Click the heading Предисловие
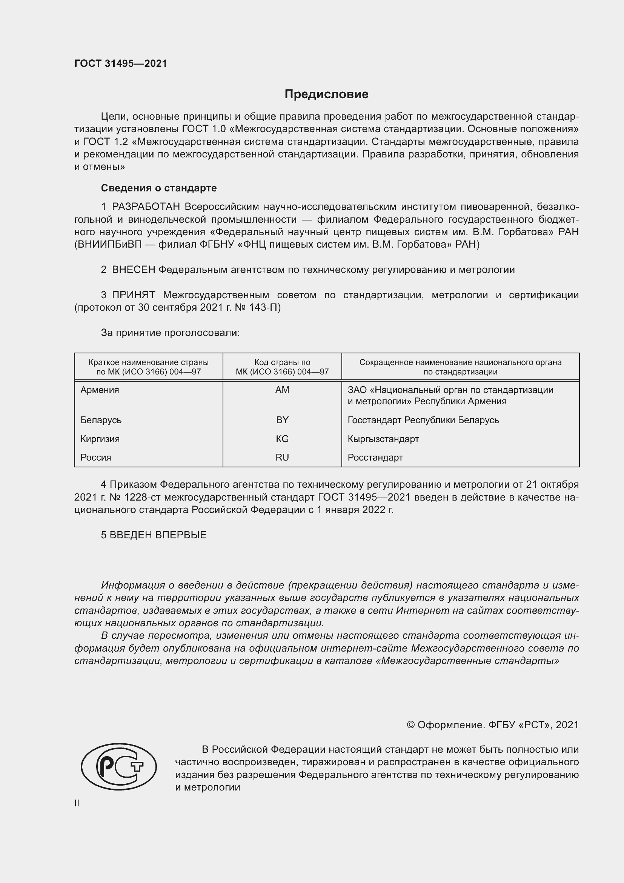click(326, 94)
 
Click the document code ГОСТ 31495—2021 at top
click(121, 63)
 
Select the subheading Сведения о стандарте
click(159, 188)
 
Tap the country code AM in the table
click(282, 390)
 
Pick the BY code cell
click(282, 420)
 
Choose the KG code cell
click(282, 439)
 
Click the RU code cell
click(282, 457)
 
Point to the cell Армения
click(100, 390)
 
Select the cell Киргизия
click(100, 439)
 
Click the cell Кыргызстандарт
click(383, 439)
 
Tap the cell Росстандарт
click(375, 457)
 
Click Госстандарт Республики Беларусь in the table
click(423, 420)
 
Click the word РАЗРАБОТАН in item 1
click(146, 207)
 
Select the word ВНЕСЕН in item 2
click(133, 270)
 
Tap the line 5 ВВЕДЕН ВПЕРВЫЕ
click(154, 535)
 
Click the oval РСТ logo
click(119, 766)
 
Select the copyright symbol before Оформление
click(410, 725)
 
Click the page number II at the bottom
click(77, 803)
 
